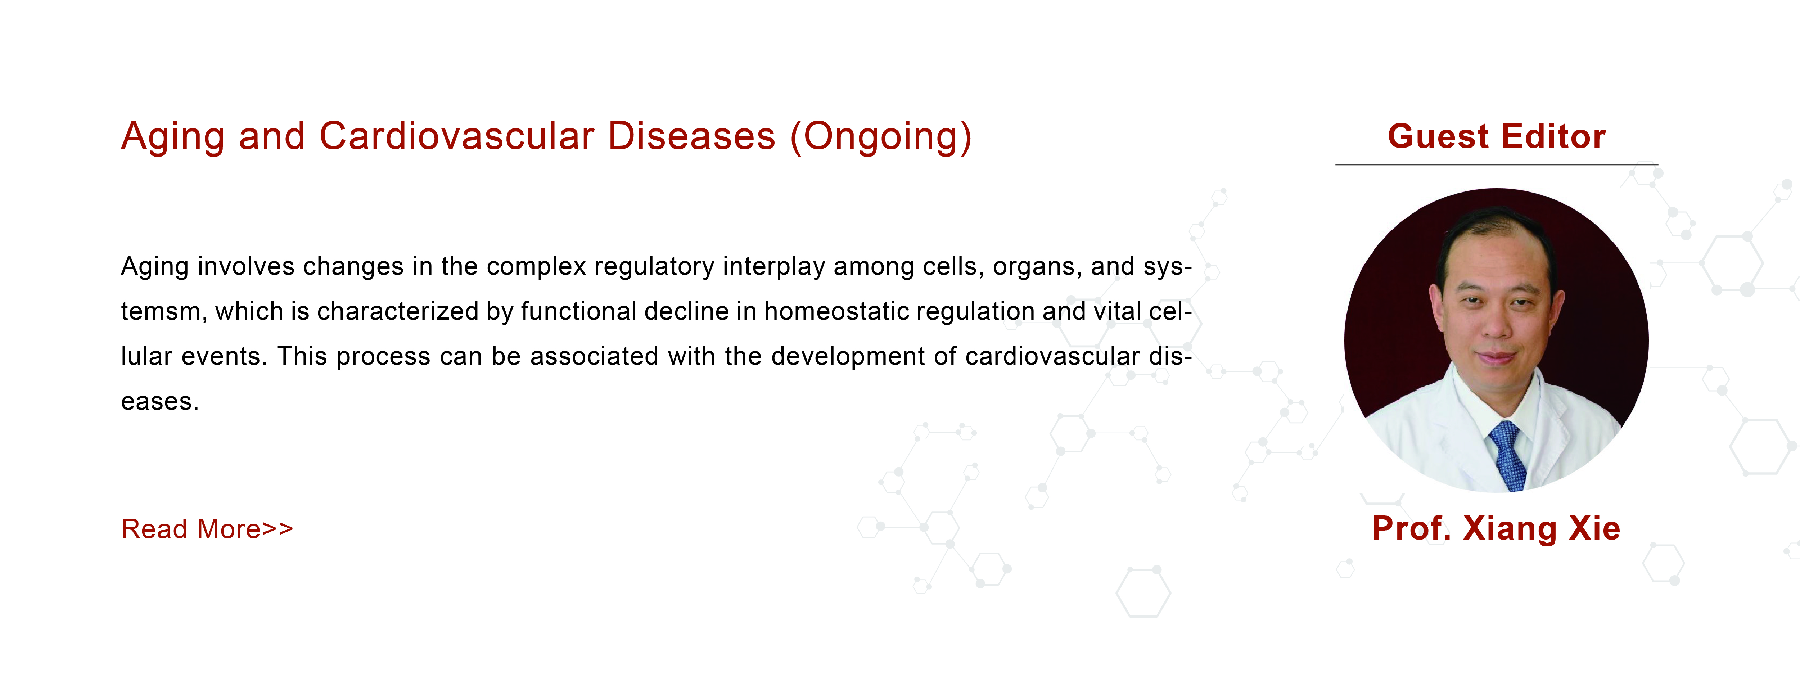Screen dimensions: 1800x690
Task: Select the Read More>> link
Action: tap(207, 529)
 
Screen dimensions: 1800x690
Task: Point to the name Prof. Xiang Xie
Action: tap(1496, 528)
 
